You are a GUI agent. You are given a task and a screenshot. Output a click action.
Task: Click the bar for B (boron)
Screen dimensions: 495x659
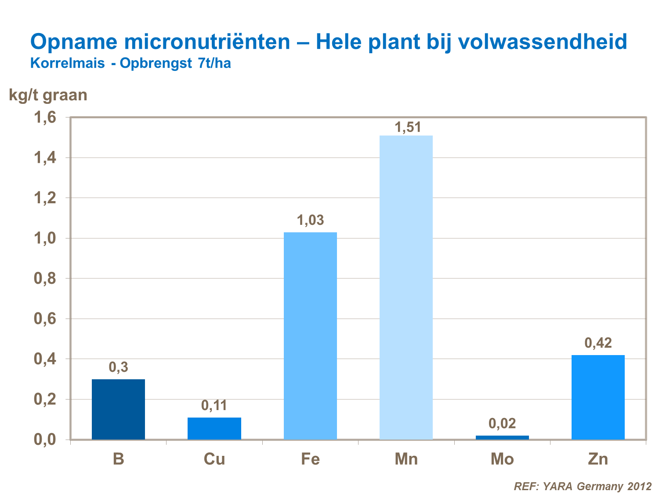coord(118,409)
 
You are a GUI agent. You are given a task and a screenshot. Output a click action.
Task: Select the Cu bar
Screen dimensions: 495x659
coord(214,428)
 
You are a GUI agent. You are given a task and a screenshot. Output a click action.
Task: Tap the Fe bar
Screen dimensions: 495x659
coord(310,336)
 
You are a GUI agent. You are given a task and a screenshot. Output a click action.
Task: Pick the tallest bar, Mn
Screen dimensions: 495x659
coord(406,287)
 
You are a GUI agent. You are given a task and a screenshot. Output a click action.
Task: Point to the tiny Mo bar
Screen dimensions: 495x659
coord(502,437)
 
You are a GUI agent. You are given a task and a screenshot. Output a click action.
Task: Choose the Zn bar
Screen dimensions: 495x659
coord(598,397)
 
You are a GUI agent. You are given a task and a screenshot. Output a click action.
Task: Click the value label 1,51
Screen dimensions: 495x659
coord(408,128)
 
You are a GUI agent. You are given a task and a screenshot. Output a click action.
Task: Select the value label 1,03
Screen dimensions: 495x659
coord(311,220)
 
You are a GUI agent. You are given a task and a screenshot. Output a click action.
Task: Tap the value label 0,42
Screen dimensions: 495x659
coord(598,343)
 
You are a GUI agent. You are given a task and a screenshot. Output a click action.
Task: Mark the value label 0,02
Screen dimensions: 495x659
coord(502,423)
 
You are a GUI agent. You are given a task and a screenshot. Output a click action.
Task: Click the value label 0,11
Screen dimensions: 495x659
coord(214,405)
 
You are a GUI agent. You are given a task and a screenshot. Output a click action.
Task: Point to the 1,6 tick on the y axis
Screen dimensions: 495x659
coord(45,117)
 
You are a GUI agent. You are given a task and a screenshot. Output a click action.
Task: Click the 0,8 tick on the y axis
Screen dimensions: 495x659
coord(45,279)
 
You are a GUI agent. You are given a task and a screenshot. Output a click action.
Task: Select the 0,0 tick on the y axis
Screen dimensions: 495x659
coord(45,440)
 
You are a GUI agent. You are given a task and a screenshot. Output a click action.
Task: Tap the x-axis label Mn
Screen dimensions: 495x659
coord(406,459)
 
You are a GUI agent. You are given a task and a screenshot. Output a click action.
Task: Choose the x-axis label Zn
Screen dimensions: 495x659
coord(598,459)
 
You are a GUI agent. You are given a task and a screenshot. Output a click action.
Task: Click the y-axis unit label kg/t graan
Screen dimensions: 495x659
coord(48,95)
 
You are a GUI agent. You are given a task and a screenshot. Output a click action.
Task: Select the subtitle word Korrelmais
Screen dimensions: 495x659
coord(67,63)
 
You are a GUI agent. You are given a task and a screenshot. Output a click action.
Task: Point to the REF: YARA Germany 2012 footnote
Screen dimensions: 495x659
coord(583,486)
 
